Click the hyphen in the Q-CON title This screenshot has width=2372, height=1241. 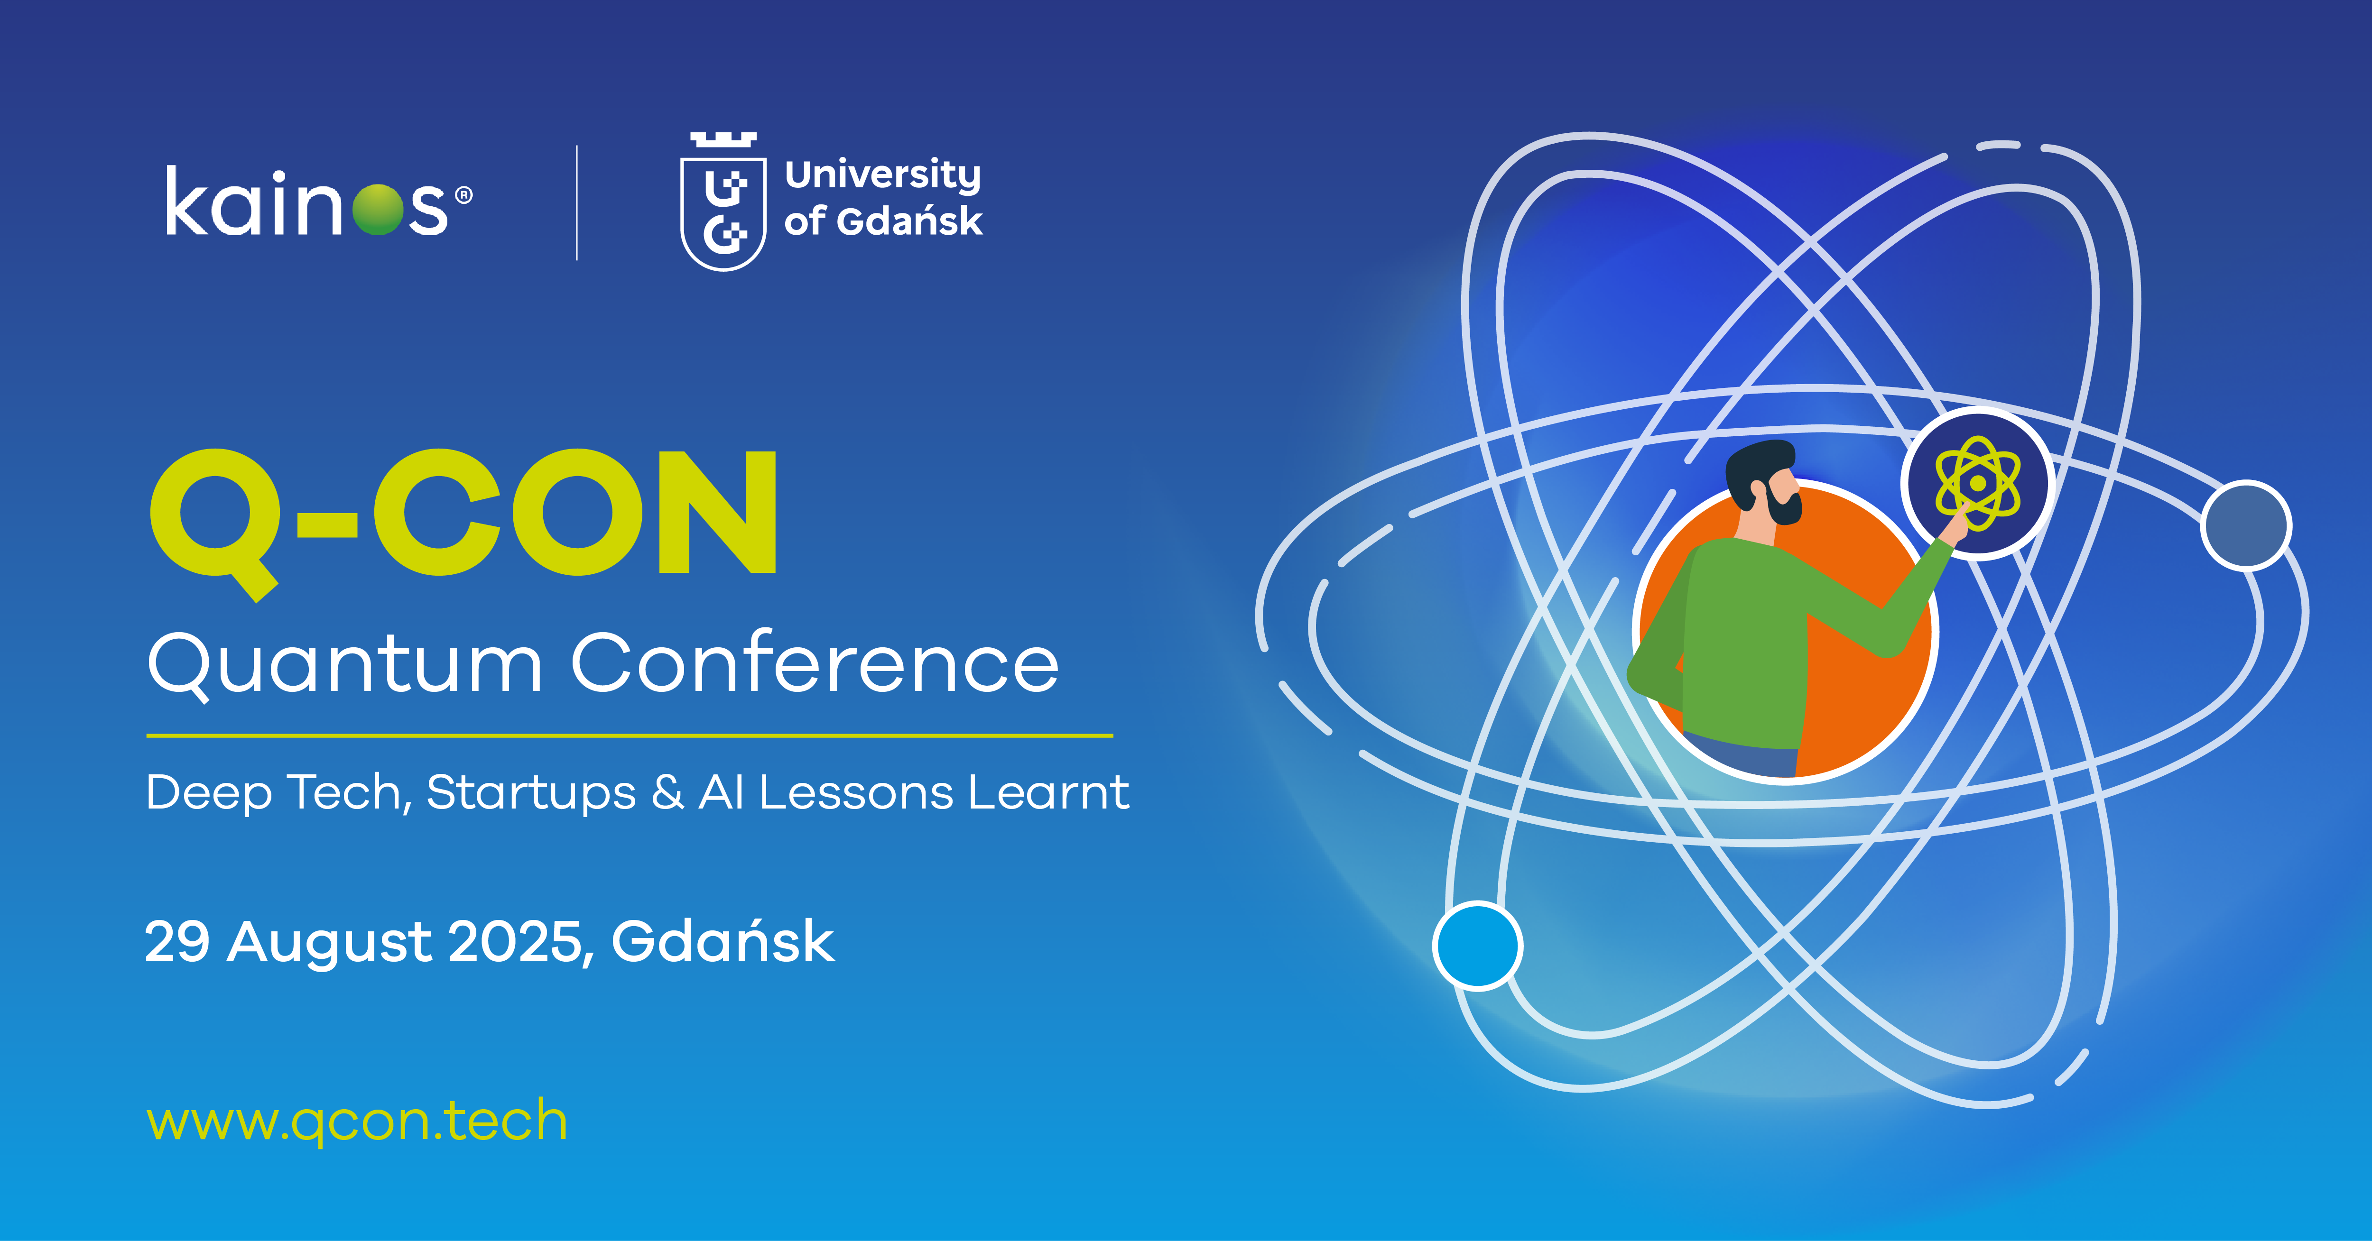[327, 526]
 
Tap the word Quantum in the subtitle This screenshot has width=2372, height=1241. [345, 665]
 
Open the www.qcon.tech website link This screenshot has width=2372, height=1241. [357, 1121]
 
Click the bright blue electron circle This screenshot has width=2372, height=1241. [1478, 946]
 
